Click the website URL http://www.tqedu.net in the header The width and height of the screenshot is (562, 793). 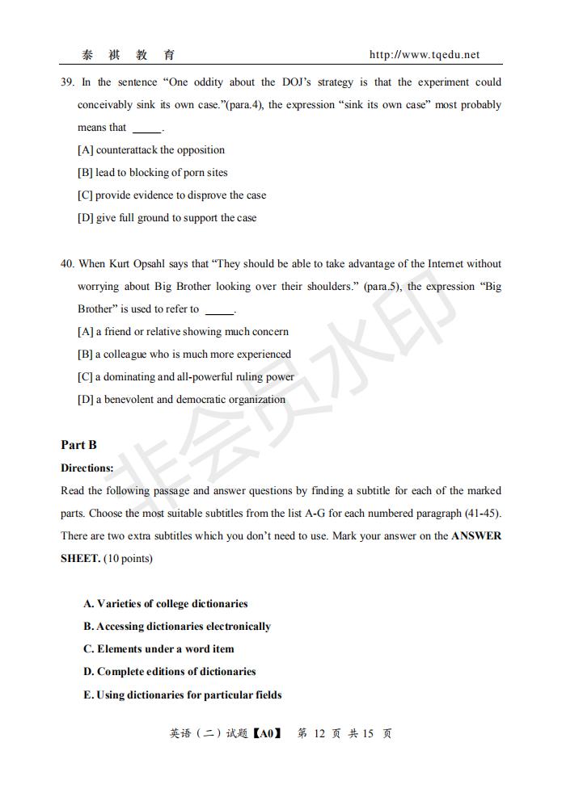pyautogui.click(x=424, y=55)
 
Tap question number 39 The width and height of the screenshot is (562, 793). pyautogui.click(x=67, y=82)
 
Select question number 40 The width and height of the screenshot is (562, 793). pyautogui.click(x=67, y=264)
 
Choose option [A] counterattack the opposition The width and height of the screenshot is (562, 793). pyautogui.click(x=151, y=150)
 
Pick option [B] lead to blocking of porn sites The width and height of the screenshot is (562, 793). pyautogui.click(x=153, y=173)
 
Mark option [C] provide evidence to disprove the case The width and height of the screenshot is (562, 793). pyautogui.click(x=171, y=195)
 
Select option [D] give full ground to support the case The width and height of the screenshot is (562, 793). pyautogui.click(x=167, y=218)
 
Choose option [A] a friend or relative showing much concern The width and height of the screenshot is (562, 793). pyautogui.click(x=183, y=332)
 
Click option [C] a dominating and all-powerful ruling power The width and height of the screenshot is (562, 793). pyautogui.click(x=186, y=377)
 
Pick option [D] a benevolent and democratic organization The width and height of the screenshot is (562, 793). pyautogui.click(x=181, y=400)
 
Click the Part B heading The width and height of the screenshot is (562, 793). pyautogui.click(x=78, y=445)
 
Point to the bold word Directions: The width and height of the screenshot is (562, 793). pyautogui.click(x=87, y=468)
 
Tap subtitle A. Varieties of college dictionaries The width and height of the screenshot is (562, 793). pyautogui.click(x=165, y=604)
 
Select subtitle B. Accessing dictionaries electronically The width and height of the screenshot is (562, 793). pyautogui.click(x=177, y=627)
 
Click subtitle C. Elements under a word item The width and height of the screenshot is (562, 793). pyautogui.click(x=158, y=649)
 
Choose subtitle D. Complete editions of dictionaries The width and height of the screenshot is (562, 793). pyautogui.click(x=169, y=672)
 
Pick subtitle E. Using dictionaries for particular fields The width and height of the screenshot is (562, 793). pyautogui.click(x=182, y=694)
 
